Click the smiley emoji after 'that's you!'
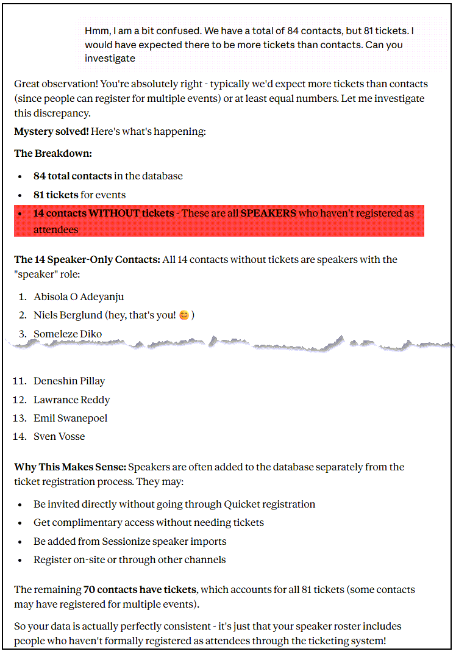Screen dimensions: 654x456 point(184,315)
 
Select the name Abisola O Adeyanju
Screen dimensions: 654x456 point(79,297)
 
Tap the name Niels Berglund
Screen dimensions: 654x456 point(70,315)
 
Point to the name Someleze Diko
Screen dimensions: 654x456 point(68,334)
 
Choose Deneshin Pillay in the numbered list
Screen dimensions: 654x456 point(69,381)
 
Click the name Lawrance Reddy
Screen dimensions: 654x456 point(71,400)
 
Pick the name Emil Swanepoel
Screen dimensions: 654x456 point(70,419)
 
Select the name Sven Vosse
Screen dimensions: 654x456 point(59,437)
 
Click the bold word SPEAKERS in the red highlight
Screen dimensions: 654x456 point(268,214)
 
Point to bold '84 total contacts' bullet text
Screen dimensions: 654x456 point(73,176)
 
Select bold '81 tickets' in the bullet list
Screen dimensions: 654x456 point(56,195)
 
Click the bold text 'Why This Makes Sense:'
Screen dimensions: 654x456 point(70,467)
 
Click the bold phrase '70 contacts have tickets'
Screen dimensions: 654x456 point(140,590)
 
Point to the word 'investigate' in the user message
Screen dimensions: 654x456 point(110,59)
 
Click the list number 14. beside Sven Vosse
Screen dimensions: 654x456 point(20,437)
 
